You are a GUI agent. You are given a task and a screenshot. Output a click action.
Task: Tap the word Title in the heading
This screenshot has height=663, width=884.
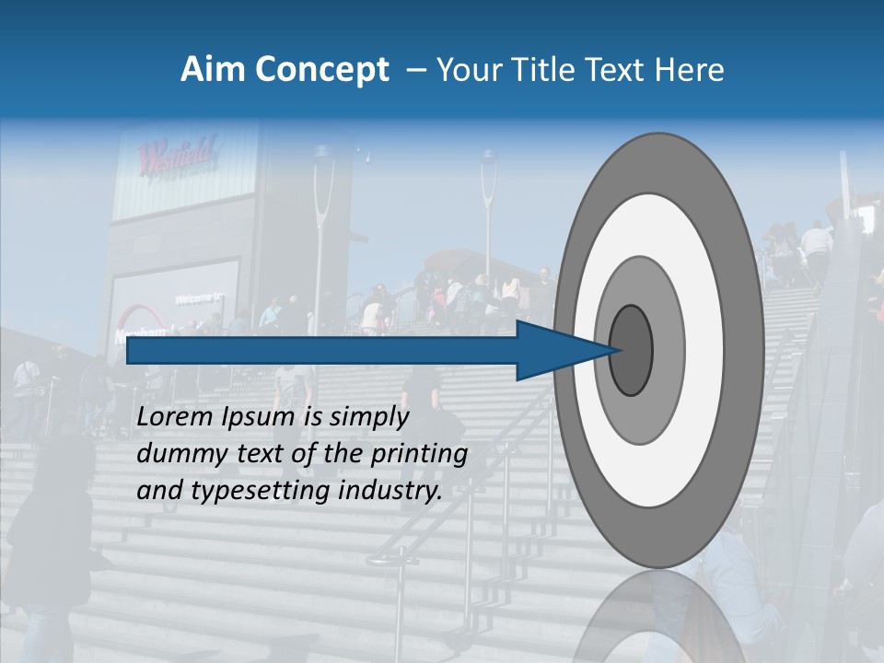563,70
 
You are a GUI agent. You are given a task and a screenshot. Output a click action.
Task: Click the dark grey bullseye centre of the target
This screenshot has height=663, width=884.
632,350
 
